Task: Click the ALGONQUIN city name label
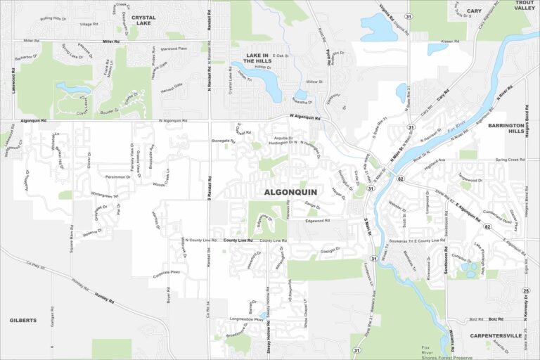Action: point(290,191)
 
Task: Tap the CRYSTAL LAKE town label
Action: point(143,21)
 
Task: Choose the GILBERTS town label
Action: point(22,320)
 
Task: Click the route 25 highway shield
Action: point(526,290)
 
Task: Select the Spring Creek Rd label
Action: point(510,160)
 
